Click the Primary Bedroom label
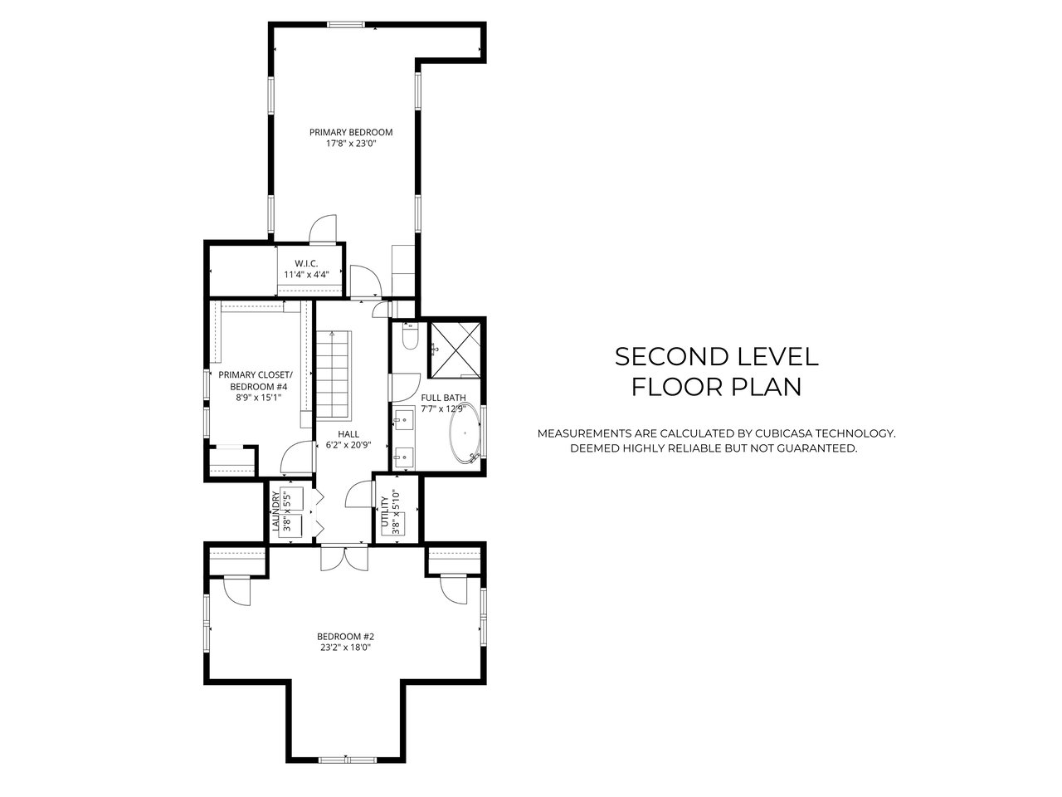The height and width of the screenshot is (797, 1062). [351, 132]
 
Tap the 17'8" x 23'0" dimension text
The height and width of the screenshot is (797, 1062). [351, 144]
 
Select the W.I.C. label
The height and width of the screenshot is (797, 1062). [306, 263]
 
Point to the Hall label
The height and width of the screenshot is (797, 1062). [348, 434]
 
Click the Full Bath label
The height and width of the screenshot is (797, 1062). [443, 398]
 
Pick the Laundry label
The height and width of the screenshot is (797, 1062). [275, 511]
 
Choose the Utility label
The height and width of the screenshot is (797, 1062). [385, 511]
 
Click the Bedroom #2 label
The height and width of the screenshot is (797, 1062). [345, 636]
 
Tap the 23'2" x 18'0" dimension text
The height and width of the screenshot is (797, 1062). [345, 648]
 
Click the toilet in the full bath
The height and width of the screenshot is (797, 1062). [411, 335]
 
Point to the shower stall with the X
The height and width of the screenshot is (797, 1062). [455, 350]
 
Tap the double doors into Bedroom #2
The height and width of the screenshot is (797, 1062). [344, 557]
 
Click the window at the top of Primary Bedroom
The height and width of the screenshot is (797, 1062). [345, 25]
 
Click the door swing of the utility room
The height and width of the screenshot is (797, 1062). [358, 494]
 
